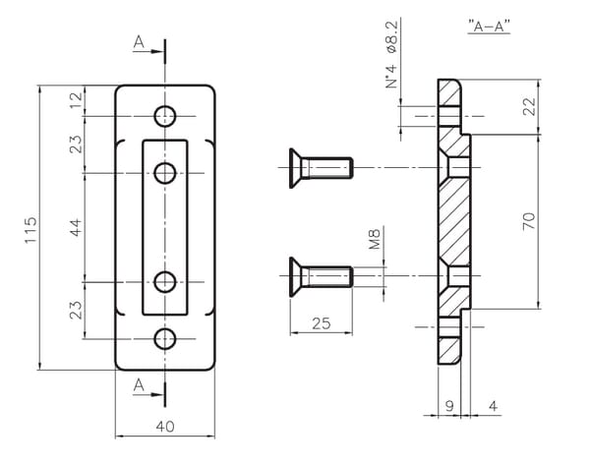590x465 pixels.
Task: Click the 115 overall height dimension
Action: tap(30, 229)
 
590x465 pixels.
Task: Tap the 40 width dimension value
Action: tap(165, 427)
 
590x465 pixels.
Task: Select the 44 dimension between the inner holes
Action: tap(76, 227)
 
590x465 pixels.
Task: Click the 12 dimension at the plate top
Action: tap(76, 100)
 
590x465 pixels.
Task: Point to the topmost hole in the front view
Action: tap(165, 116)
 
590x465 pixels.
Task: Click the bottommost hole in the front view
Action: tap(165, 338)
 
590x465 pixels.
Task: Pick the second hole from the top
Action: tap(165, 173)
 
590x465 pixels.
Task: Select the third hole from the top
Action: tap(165, 281)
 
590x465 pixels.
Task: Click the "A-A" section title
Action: tap(489, 27)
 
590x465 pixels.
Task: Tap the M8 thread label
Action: tap(375, 239)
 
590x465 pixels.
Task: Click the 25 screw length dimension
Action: tap(321, 323)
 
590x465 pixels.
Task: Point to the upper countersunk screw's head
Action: tap(296, 168)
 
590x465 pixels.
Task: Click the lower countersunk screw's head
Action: tap(296, 276)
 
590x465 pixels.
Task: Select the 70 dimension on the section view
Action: tap(529, 221)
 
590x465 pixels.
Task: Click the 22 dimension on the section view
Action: tap(529, 106)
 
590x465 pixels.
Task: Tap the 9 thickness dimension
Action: tap(449, 406)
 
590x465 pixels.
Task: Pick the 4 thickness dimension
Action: tap(493, 406)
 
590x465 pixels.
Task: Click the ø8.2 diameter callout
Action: tap(391, 37)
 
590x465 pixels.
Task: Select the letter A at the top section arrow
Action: tap(139, 41)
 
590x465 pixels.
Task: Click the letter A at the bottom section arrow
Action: tap(139, 385)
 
